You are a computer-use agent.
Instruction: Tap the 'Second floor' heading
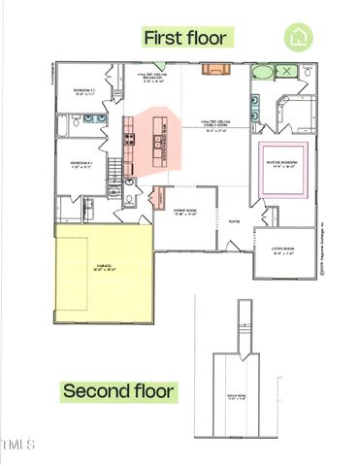(119, 392)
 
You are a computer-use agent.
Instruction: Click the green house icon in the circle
(298, 38)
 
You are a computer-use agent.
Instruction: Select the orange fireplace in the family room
(213, 69)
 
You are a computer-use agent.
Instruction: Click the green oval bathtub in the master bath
(262, 73)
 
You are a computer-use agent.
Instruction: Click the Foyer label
(233, 221)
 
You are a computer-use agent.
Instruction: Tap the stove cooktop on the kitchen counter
(126, 139)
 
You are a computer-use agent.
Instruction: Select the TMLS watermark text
(18, 446)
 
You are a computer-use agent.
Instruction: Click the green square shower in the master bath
(288, 72)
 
